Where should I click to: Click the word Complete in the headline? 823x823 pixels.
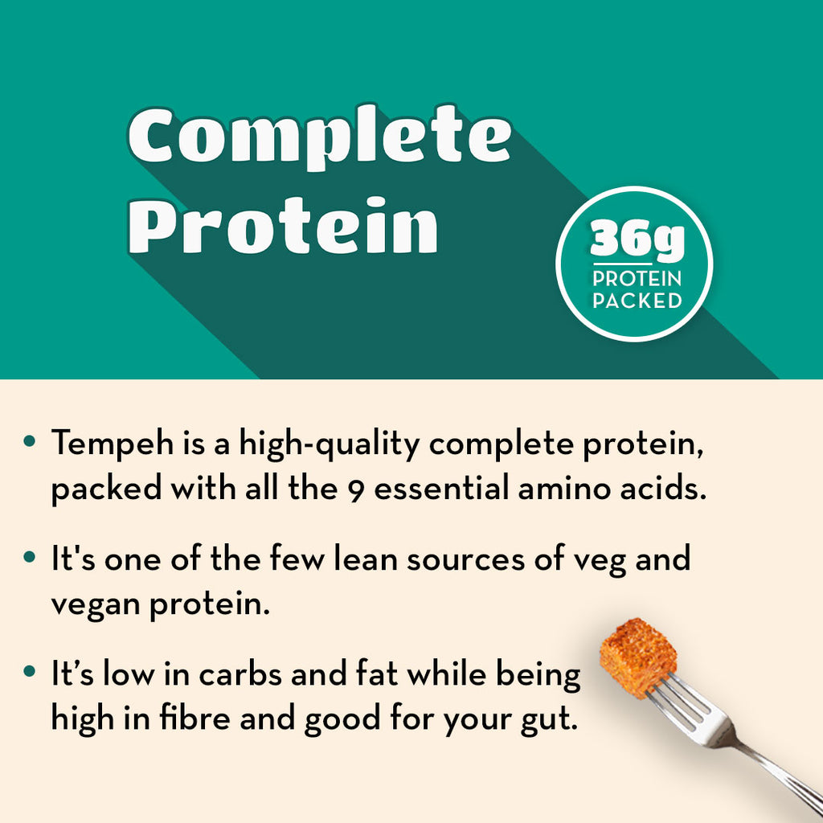pyautogui.click(x=320, y=137)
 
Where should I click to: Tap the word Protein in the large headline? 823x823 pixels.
pyautogui.click(x=284, y=226)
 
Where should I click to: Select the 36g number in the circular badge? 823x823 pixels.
pyautogui.click(x=637, y=240)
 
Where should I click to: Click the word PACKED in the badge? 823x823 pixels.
pyautogui.click(x=637, y=301)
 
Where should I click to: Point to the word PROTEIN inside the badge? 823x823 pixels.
pyautogui.click(x=637, y=279)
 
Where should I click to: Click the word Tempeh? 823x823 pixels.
pyautogui.click(x=113, y=444)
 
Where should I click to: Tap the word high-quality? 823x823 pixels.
pyautogui.click(x=329, y=444)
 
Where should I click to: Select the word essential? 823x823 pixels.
pyautogui.click(x=441, y=488)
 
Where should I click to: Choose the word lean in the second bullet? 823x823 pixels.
pyautogui.click(x=366, y=559)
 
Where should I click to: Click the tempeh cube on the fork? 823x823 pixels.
pyautogui.click(x=637, y=657)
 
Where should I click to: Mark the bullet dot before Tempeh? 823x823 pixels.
pyautogui.click(x=30, y=440)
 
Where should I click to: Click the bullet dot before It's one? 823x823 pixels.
pyautogui.click(x=30, y=556)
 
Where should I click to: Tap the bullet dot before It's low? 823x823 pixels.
pyautogui.click(x=30, y=671)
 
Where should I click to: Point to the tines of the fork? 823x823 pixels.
pyautogui.click(x=682, y=703)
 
